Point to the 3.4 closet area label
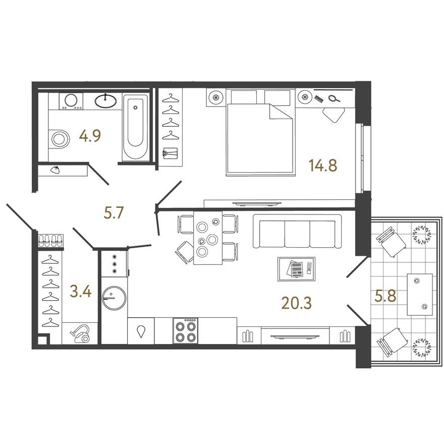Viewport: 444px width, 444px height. point(81,291)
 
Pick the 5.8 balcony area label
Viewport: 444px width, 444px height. point(384,296)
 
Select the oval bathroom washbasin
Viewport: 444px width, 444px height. point(106,100)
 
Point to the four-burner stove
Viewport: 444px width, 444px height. point(186,331)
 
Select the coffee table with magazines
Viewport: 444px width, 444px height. point(296,268)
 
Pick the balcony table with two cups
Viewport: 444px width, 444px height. point(420,294)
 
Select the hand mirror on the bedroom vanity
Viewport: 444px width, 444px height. point(334,99)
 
